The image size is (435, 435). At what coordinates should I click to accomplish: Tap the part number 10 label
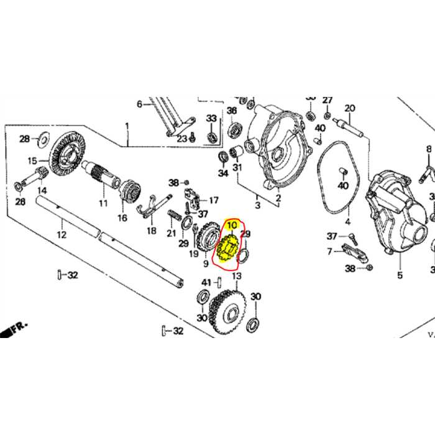(231, 225)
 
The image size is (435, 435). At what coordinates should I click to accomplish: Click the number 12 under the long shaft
(61, 235)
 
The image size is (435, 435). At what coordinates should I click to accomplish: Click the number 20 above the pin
(349, 108)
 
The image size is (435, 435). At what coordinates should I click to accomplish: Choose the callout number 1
(127, 126)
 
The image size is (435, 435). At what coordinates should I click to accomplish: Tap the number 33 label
(211, 118)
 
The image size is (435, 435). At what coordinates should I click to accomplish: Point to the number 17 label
(213, 200)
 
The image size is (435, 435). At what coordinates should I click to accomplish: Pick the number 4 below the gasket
(348, 221)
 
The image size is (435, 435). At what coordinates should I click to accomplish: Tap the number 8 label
(429, 149)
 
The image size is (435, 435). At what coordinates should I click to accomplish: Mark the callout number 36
(232, 111)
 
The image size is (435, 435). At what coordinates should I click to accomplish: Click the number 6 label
(140, 104)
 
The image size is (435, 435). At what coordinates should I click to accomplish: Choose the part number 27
(327, 99)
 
